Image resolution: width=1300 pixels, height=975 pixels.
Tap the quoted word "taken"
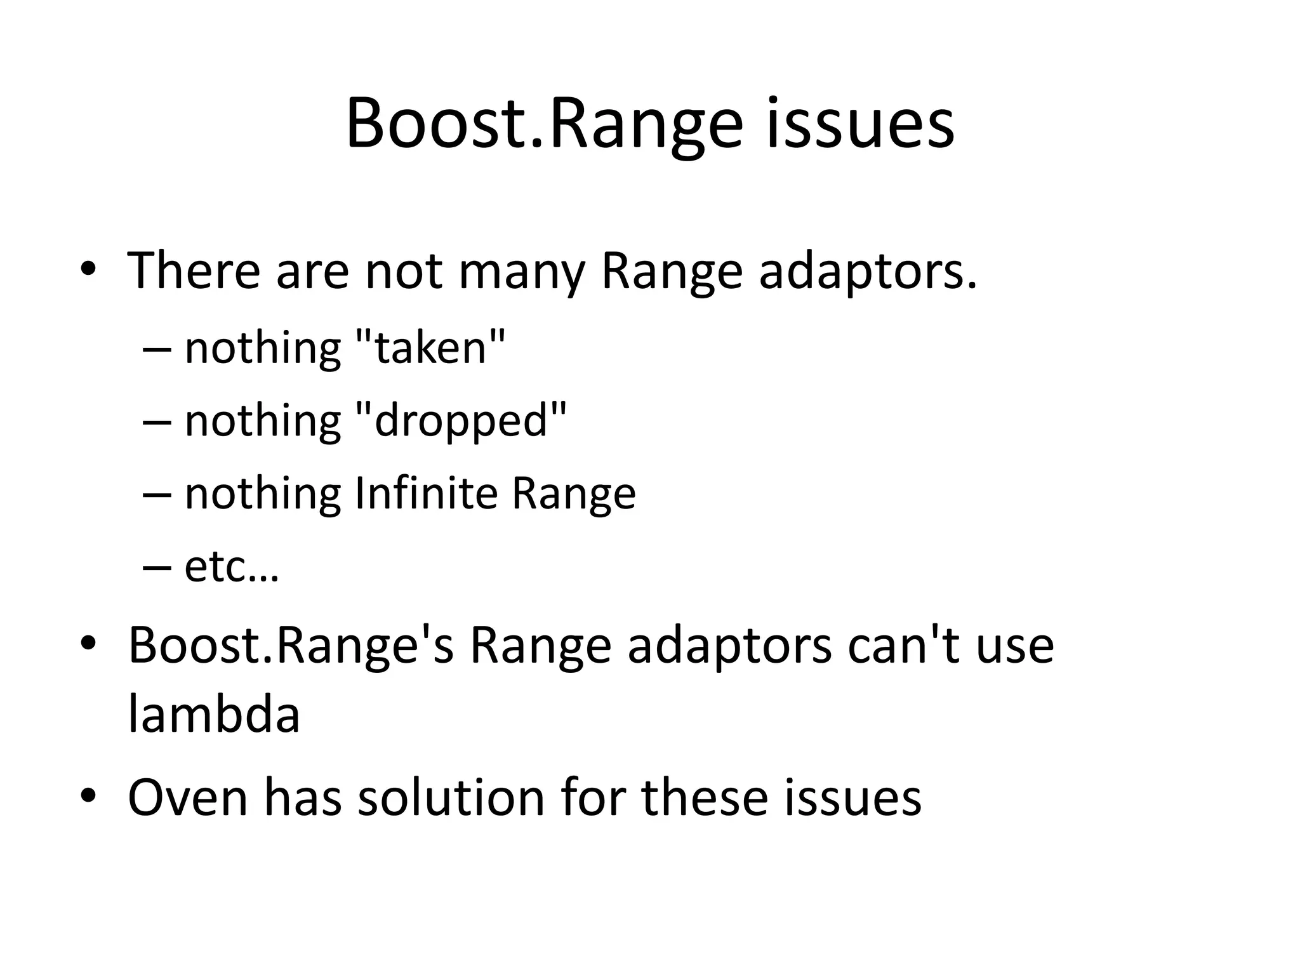(431, 348)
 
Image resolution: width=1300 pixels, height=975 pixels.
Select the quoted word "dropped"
(461, 421)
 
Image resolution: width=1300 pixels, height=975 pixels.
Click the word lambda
(214, 714)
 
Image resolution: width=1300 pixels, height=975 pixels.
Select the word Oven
(188, 797)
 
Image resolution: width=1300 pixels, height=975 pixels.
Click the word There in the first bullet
(194, 271)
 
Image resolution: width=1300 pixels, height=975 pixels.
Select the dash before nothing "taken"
(157, 349)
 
